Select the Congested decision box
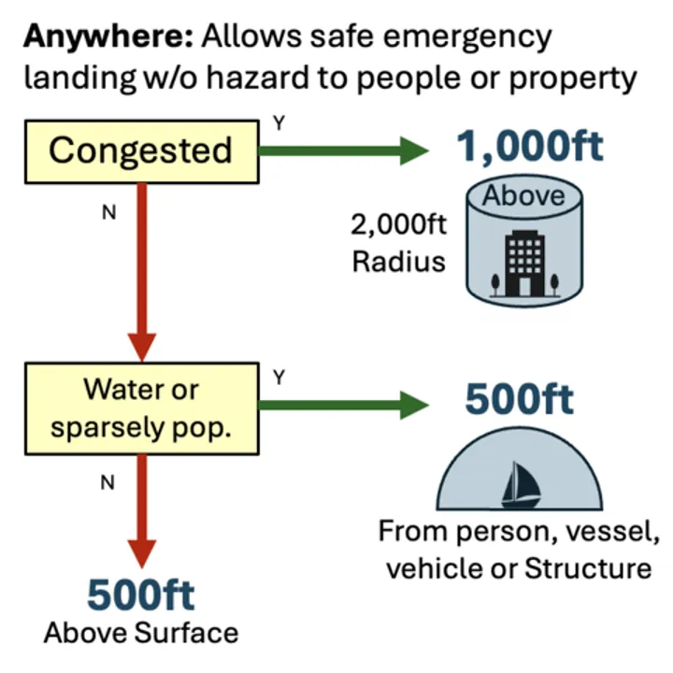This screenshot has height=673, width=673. pos(140,150)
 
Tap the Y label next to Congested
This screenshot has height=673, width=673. pos(277,122)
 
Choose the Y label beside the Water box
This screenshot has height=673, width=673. pos(278,377)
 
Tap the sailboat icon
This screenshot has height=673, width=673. pos(516,483)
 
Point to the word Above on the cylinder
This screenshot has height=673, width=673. pos(523,195)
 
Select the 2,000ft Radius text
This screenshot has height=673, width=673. pos(399,242)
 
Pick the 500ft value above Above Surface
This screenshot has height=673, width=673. pos(141,594)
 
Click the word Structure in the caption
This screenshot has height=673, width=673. pos(586,567)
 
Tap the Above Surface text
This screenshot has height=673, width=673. pos(141,633)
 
